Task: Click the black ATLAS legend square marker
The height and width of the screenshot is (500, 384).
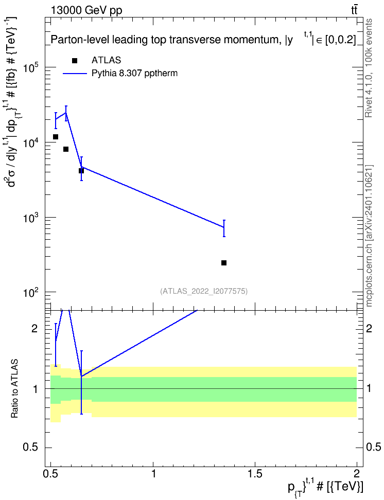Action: tap(75, 61)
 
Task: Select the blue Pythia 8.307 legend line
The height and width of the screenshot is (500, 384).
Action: tap(75, 74)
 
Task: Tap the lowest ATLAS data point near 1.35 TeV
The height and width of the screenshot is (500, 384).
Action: tap(224, 263)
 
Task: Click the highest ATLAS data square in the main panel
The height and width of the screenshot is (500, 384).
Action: tap(56, 137)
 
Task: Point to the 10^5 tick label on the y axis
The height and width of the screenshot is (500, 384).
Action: tap(32, 68)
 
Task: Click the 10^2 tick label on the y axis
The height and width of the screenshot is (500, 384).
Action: tap(32, 292)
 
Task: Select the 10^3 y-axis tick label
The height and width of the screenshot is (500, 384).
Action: tap(32, 218)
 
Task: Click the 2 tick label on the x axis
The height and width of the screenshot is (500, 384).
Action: tap(357, 473)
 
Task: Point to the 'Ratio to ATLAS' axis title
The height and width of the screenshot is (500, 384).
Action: tap(14, 389)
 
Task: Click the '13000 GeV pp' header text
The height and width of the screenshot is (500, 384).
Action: tap(86, 11)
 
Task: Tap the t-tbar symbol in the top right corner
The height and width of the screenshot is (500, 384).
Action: tap(354, 10)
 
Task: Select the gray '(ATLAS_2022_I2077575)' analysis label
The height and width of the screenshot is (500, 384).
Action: tap(204, 291)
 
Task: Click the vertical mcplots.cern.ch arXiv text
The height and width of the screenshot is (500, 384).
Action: tap(369, 236)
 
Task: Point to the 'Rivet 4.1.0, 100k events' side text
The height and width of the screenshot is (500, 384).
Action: tap(369, 68)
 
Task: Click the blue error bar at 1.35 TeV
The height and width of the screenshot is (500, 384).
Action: tap(224, 228)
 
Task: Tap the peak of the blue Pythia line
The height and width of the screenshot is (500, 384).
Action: tap(66, 113)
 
